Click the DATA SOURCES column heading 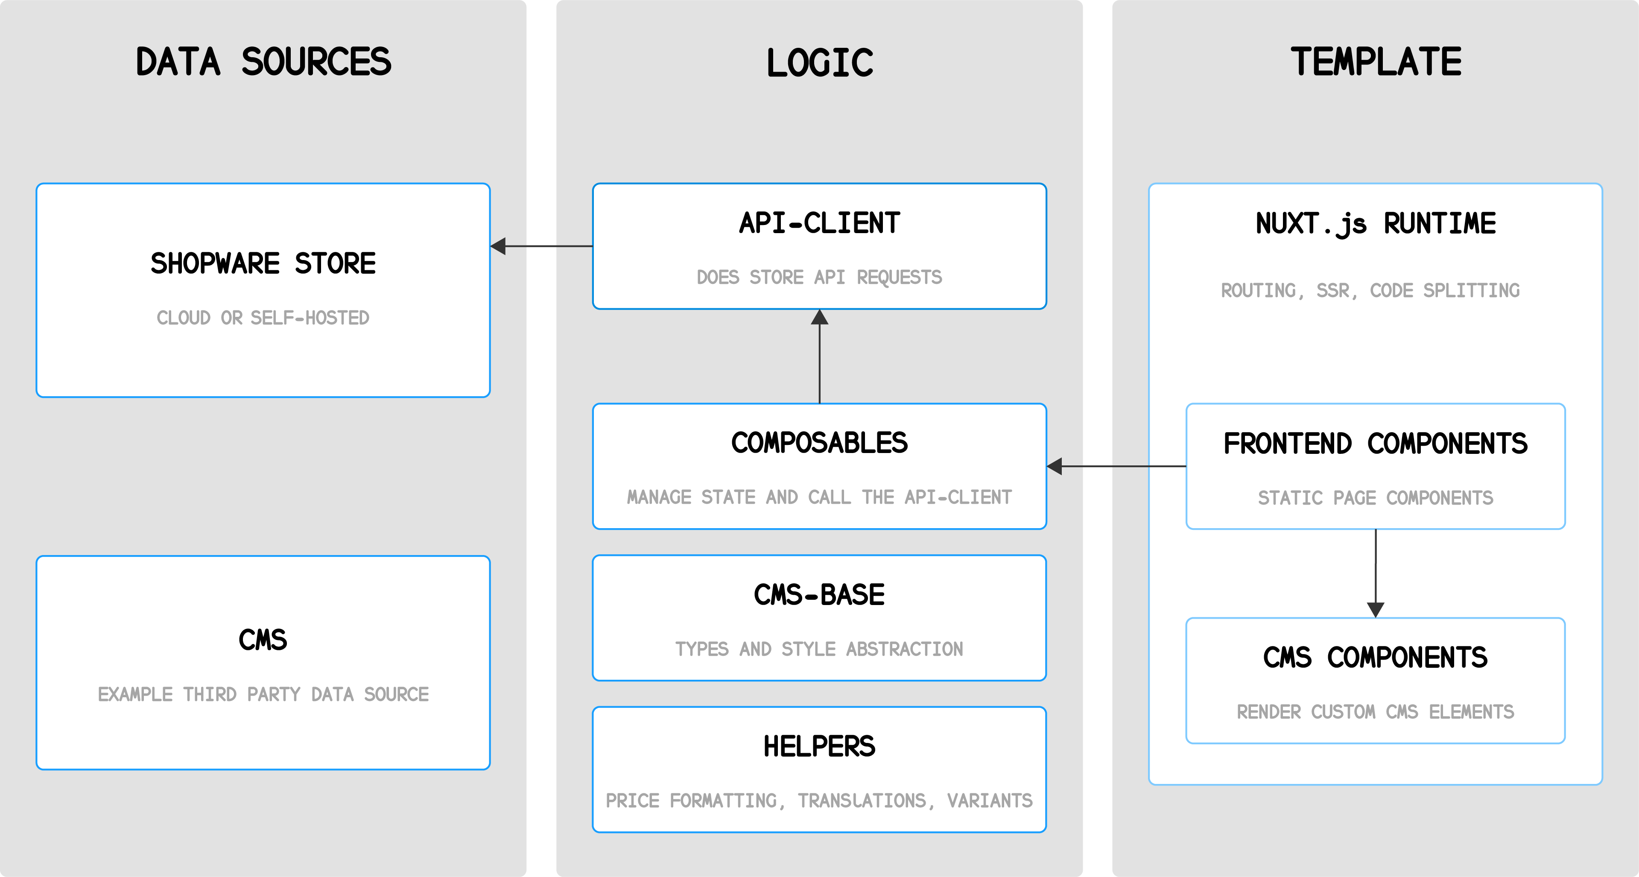coord(263,62)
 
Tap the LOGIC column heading coord(820,63)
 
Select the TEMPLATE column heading coord(1376,62)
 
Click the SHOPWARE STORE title coord(263,263)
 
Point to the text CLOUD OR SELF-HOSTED coord(263,318)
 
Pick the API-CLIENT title coord(820,223)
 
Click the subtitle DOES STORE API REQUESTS coord(820,278)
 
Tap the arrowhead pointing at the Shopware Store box coord(499,246)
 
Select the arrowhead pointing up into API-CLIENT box coord(820,317)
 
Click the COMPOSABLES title coord(820,443)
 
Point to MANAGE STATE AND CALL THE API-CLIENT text coord(820,497)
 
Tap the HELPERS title coord(820,746)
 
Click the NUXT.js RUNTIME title coord(1376,223)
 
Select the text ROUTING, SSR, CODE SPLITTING coord(1370,291)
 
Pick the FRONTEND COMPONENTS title coord(1376,444)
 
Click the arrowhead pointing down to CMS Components coord(1376,610)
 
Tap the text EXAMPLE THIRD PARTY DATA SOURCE coord(263,694)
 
